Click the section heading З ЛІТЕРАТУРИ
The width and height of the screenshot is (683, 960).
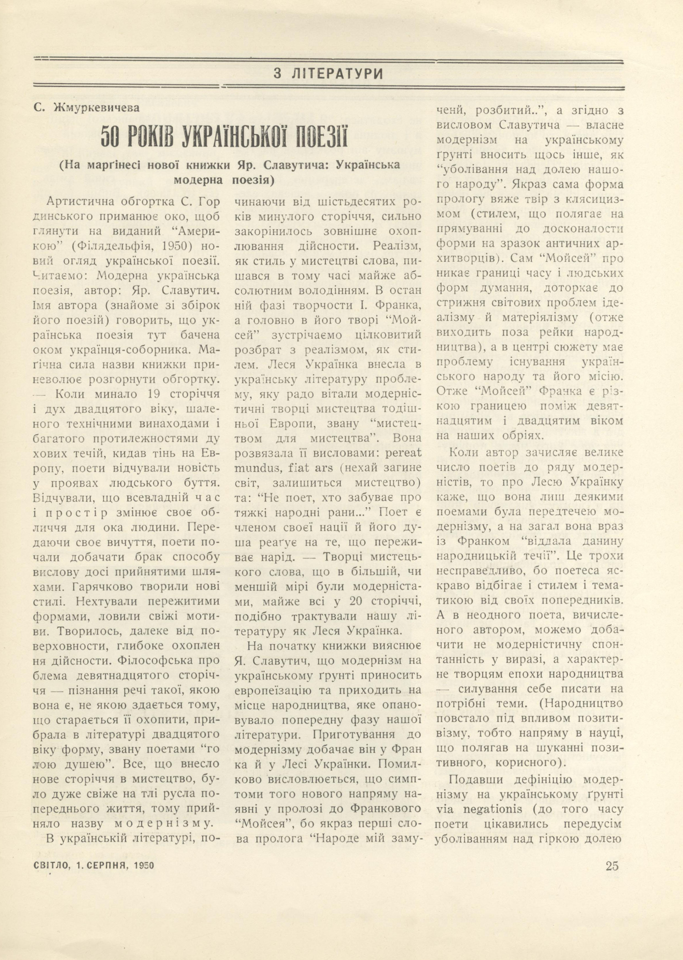(x=328, y=74)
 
